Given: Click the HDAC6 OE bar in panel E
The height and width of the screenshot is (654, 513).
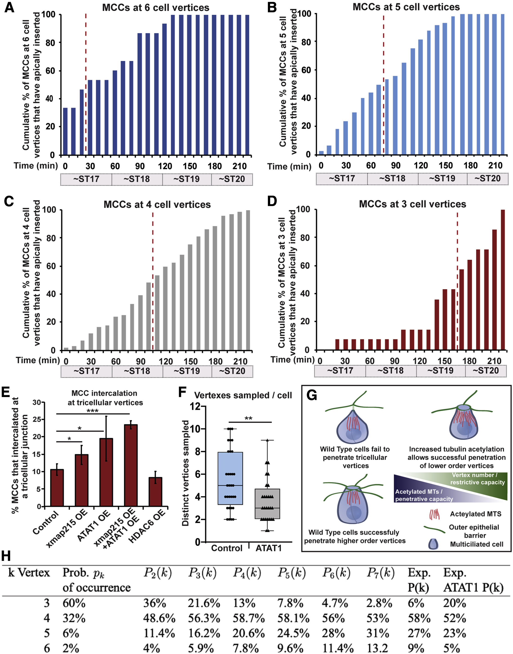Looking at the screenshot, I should (x=155, y=492).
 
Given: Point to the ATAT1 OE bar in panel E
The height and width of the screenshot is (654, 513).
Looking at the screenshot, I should (x=106, y=472).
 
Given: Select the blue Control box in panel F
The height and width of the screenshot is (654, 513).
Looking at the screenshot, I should (x=230, y=478).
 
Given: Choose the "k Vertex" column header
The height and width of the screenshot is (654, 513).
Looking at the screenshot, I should (x=29, y=573).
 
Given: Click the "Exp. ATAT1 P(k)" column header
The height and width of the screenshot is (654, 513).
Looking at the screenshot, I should (x=473, y=580).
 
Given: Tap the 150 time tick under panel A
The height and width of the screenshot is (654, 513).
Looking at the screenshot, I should (x=190, y=166).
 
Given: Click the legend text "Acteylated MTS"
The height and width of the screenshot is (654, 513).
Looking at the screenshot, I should (x=476, y=514).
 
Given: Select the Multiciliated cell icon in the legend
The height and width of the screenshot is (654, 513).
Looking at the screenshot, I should (x=433, y=544).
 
